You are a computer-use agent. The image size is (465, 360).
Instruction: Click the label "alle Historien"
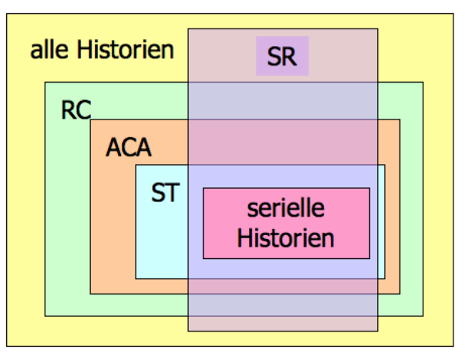tap(102, 52)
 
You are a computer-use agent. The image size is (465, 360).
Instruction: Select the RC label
tap(76, 110)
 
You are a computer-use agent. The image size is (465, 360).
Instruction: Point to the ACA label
tap(129, 146)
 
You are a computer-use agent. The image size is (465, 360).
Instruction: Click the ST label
tap(164, 192)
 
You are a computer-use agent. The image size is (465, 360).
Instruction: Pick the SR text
tap(282, 57)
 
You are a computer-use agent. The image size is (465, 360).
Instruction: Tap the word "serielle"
tap(286, 208)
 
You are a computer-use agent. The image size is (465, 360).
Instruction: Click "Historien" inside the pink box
tap(286, 237)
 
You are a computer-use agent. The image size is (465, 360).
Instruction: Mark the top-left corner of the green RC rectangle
tap(45, 82)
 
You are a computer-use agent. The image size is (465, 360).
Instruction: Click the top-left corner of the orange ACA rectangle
tap(90, 119)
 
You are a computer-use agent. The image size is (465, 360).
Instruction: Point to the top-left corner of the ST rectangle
tap(136, 165)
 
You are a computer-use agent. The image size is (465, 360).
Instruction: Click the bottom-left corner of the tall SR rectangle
tap(188, 331)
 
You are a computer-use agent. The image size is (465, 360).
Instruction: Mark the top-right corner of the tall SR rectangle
tap(378, 29)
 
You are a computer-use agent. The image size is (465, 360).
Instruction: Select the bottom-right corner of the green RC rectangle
tap(423, 315)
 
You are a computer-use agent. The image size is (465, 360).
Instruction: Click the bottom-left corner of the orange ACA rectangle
tap(90, 294)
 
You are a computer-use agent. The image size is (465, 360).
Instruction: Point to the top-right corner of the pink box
tap(370, 188)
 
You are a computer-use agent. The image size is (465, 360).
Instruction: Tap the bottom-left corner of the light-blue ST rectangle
tap(136, 278)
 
